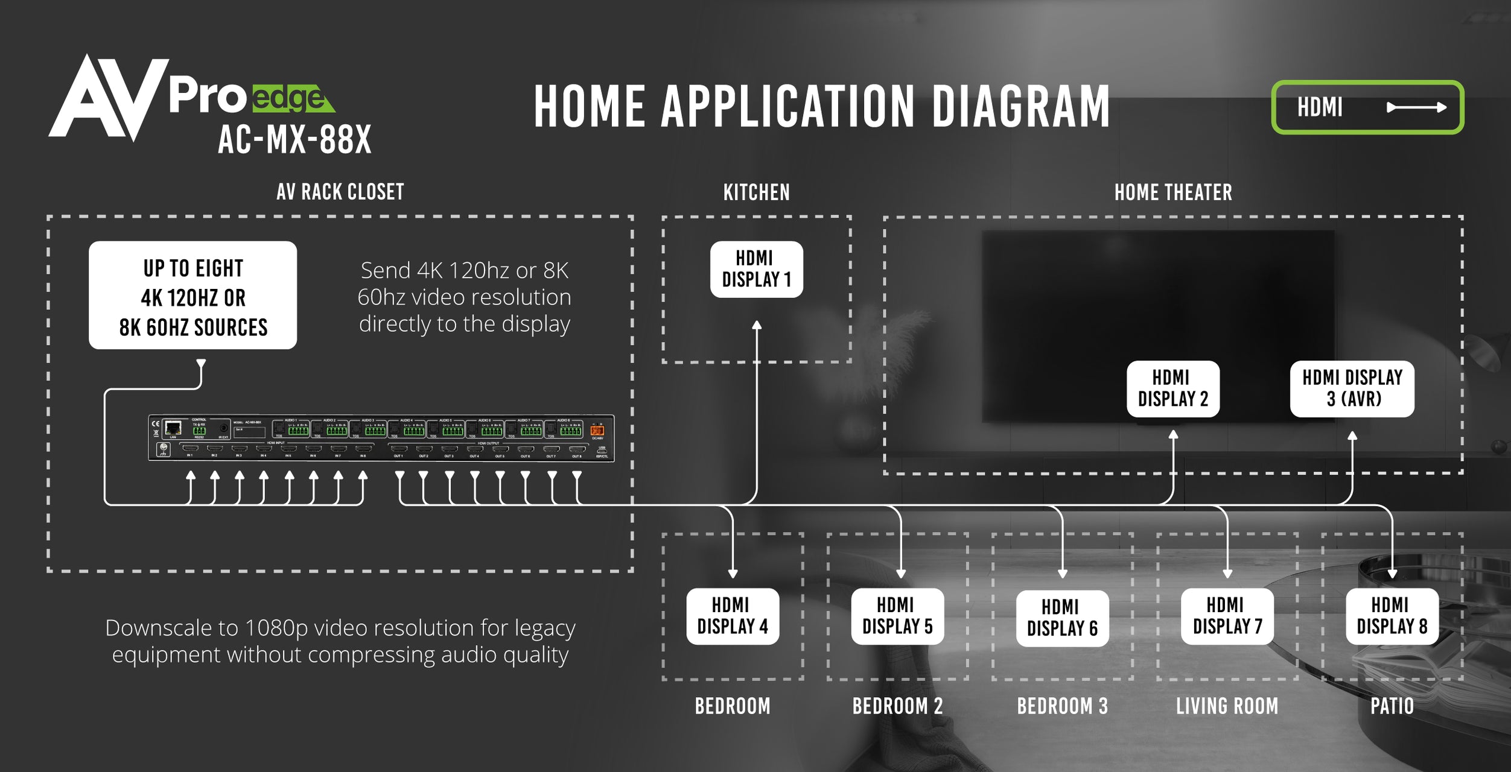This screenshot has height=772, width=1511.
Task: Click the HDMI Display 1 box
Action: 756,269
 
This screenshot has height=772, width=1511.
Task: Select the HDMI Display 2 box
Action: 1172,388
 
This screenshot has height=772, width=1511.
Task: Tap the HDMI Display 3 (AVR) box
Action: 1352,388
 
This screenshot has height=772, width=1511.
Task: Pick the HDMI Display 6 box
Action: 1062,618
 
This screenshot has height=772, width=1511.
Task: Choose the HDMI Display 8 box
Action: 1392,616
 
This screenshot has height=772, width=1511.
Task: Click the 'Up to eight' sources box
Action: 192,295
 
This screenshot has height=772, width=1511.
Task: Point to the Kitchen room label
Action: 756,192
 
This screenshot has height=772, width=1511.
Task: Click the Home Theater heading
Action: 1172,192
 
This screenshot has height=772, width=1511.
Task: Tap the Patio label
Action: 1392,706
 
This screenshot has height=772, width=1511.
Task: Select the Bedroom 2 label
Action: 897,706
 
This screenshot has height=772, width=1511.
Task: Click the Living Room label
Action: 1227,706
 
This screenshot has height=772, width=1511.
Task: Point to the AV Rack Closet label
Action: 340,192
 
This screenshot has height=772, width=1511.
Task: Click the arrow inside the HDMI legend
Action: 1416,107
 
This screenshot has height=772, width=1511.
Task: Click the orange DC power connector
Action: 597,430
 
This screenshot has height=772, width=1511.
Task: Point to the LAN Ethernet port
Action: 173,428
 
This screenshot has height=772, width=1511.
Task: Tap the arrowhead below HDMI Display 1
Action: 757,326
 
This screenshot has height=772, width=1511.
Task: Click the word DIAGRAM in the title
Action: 1020,107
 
